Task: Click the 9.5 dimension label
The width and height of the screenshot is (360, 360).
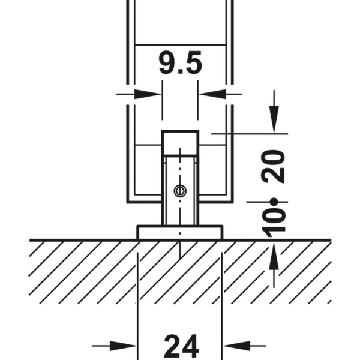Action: tap(181, 62)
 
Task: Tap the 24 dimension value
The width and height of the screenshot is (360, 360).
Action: tap(181, 346)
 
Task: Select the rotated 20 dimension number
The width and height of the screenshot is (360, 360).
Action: tap(273, 166)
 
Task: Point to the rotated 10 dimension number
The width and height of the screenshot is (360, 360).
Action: tap(274, 222)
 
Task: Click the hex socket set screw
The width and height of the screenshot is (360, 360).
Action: tap(180, 191)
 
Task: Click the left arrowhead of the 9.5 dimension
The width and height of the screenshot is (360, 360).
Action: tap(148, 94)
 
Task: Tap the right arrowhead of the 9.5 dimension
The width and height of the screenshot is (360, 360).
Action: tap(212, 94)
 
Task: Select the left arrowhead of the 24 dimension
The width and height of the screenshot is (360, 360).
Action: tap(124, 346)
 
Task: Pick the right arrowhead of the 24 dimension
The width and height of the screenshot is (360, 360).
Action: tap(236, 346)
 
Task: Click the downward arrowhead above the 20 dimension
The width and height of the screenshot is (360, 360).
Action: tap(274, 119)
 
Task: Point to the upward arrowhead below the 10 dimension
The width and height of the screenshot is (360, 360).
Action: tap(274, 256)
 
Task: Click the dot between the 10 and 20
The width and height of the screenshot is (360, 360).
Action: tap(274, 202)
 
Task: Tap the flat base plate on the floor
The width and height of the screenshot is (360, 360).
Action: tap(180, 233)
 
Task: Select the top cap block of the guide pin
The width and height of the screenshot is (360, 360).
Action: tap(180, 143)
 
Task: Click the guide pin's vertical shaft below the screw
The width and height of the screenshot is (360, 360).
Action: tap(180, 211)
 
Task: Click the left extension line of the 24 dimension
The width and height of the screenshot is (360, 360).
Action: tap(137, 306)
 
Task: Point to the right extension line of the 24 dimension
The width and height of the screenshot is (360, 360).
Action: tap(222, 306)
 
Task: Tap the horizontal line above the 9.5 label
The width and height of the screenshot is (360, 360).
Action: tap(180, 45)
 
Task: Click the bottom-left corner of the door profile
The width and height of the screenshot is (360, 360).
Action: tap(127, 202)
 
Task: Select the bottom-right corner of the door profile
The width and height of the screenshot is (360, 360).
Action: tap(233, 202)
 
